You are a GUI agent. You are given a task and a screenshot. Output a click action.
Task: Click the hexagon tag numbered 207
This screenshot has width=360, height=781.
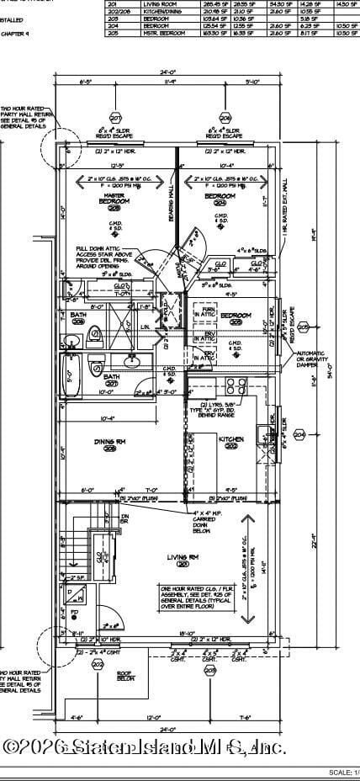tap(115, 118)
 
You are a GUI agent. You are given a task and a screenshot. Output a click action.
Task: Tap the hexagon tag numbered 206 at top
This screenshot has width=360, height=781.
tap(225, 118)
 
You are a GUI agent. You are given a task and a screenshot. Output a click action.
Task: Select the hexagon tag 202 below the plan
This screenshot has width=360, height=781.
tap(98, 665)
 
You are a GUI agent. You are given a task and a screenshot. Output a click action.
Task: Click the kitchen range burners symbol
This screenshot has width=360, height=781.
tap(235, 388)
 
